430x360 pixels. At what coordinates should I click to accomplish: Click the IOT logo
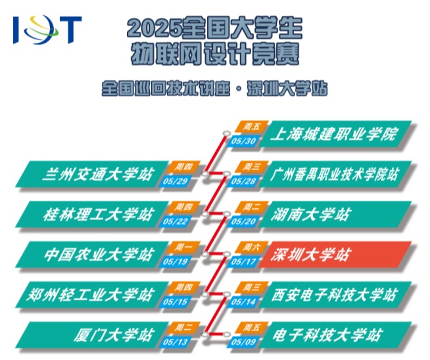pyautogui.click(x=47, y=30)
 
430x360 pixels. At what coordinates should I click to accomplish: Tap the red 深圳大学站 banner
pyautogui.click(x=335, y=254)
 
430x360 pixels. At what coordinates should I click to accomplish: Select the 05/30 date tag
pyautogui.click(x=243, y=141)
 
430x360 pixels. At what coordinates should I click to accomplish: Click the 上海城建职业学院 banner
pyautogui.click(x=335, y=134)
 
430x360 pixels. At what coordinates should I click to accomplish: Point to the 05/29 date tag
pyautogui.click(x=175, y=181)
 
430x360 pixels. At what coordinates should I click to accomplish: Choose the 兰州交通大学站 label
pyautogui.click(x=97, y=174)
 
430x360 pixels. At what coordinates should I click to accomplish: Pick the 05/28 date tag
pyautogui.click(x=243, y=181)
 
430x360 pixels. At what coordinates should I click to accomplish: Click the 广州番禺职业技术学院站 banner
pyautogui.click(x=335, y=174)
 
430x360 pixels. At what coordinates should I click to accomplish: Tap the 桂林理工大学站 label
pyautogui.click(x=97, y=215)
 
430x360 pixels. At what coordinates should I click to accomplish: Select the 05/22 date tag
pyautogui.click(x=175, y=221)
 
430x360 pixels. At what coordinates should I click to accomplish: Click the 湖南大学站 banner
pyautogui.click(x=335, y=215)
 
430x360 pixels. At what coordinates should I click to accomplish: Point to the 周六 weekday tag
pyautogui.click(x=252, y=248)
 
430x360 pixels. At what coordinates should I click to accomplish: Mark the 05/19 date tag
pyautogui.click(x=175, y=261)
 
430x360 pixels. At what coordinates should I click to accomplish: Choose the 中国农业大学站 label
pyautogui.click(x=97, y=254)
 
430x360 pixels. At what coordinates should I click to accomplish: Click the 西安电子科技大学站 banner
pyautogui.click(x=335, y=295)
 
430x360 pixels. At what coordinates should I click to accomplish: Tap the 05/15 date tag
pyautogui.click(x=175, y=302)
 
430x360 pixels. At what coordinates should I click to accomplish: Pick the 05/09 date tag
pyautogui.click(x=243, y=342)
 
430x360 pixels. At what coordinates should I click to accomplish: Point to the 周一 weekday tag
pyautogui.click(x=183, y=248)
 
